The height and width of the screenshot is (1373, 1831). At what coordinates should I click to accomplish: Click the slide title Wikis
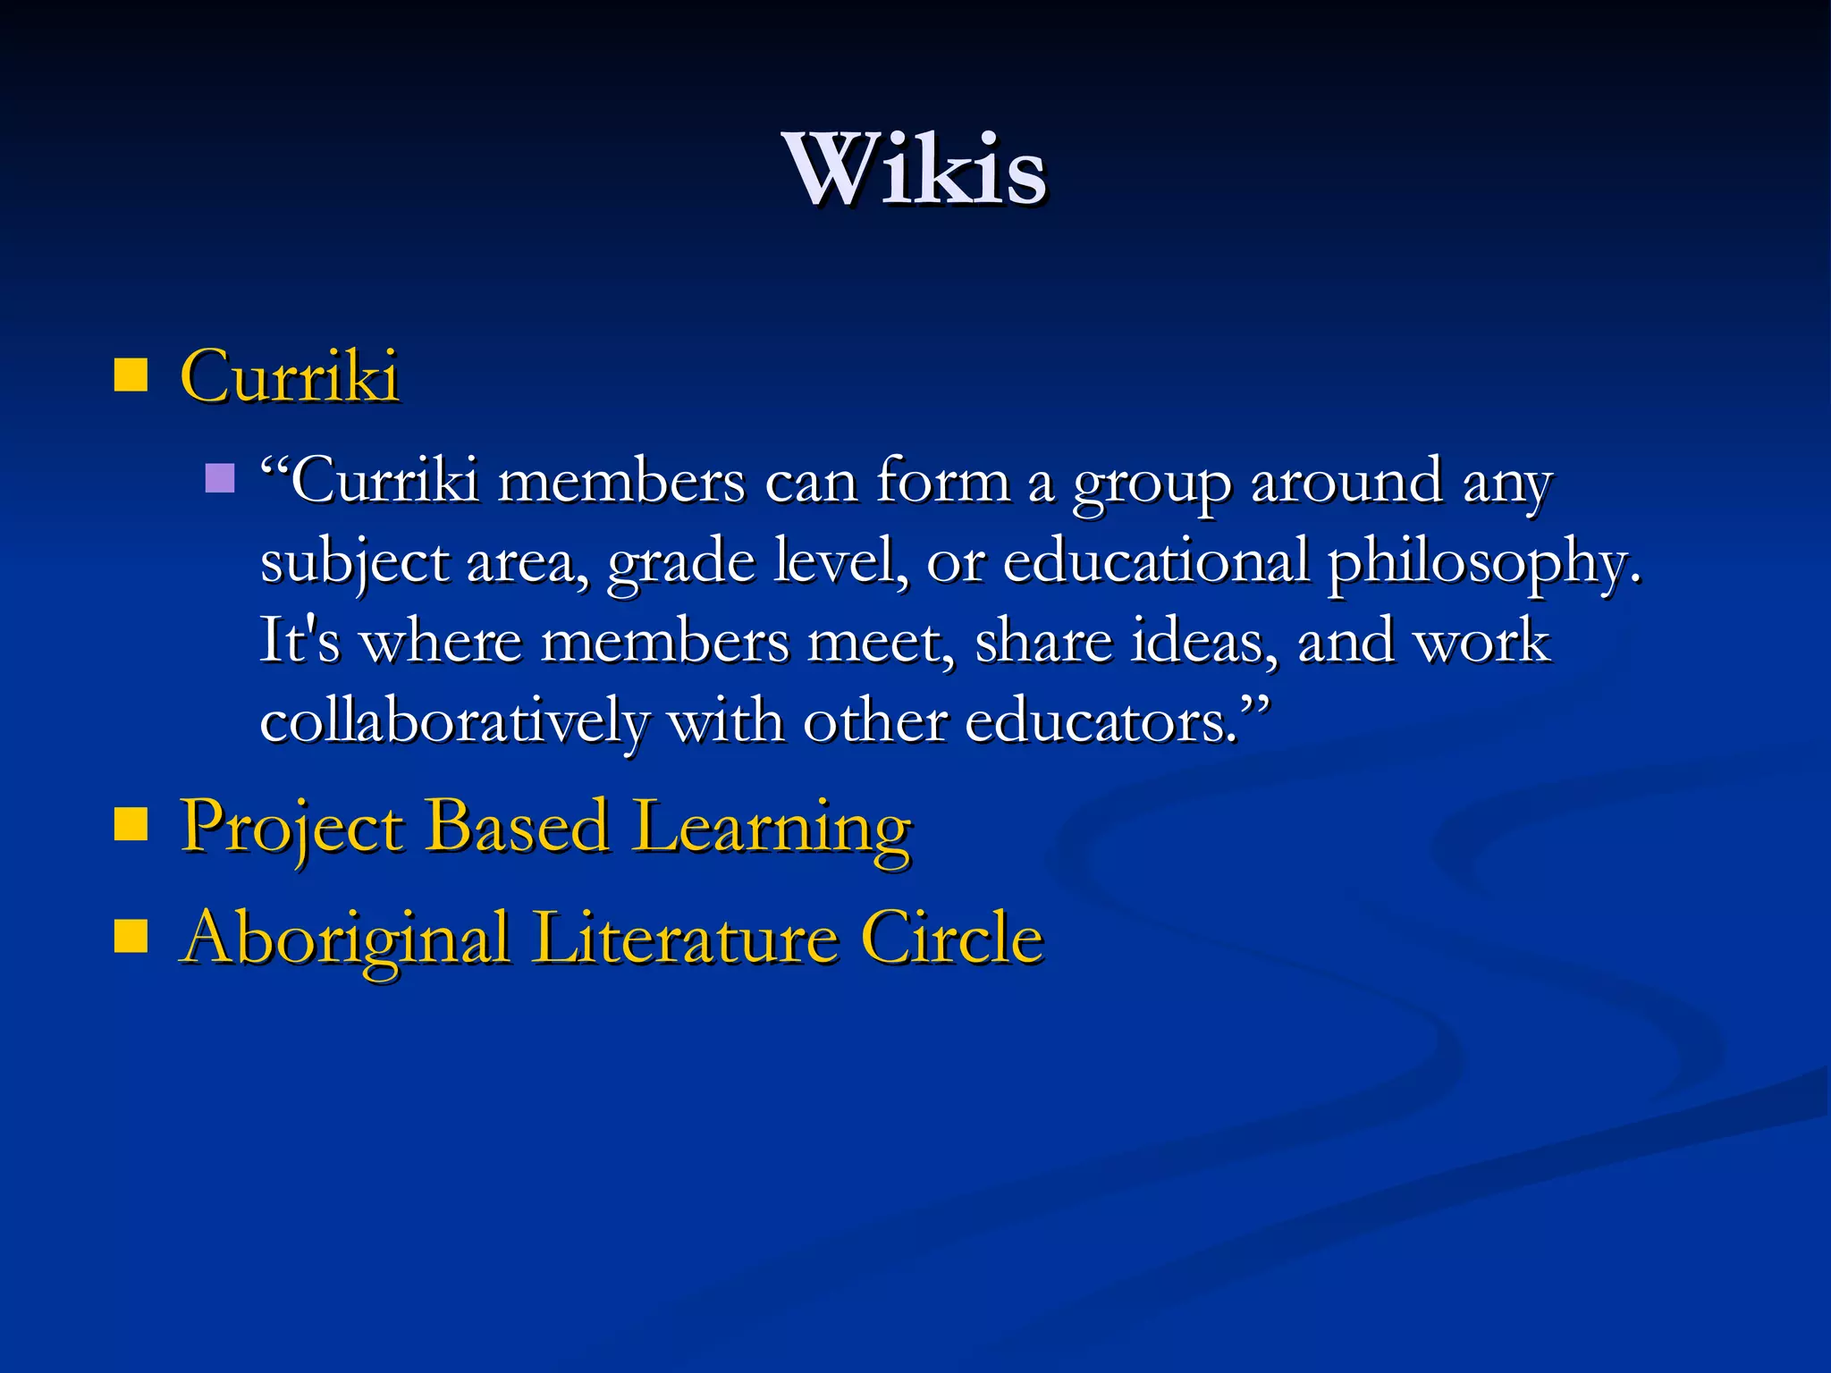[x=915, y=170]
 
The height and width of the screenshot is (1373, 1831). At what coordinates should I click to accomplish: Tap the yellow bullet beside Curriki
[x=131, y=375]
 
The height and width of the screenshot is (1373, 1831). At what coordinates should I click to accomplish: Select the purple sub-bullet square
[x=220, y=478]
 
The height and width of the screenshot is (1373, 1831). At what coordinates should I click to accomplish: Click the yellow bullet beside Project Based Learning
[x=131, y=825]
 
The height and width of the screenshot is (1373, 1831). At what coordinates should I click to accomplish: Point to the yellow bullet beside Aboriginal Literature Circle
[x=131, y=938]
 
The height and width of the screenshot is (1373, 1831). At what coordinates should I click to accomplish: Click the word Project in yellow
[x=291, y=827]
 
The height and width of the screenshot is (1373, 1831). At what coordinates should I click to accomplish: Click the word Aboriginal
[x=345, y=939]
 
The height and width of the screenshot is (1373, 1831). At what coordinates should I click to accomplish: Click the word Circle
[x=952, y=938]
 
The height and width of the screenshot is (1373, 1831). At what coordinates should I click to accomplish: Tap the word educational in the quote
[x=1156, y=561]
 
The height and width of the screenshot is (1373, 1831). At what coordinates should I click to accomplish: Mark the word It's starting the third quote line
[x=300, y=641]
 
